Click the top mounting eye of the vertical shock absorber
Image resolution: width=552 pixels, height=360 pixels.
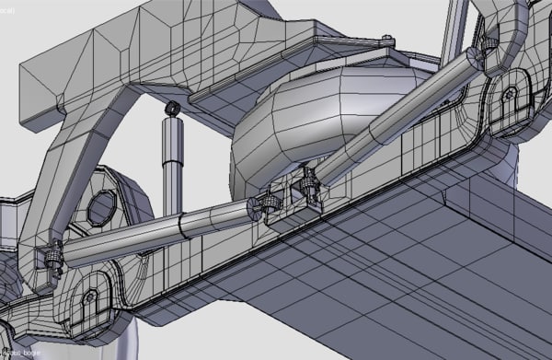click(171, 109)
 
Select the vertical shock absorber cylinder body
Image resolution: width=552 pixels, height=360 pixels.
click(171, 166)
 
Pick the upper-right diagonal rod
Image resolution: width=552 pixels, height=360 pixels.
click(396, 120)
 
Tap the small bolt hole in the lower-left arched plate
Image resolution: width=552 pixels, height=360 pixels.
click(89, 297)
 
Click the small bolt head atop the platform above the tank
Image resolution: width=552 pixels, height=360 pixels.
click(388, 39)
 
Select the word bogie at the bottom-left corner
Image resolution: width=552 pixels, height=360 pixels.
click(27, 354)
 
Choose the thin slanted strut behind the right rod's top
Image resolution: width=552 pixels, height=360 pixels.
click(451, 37)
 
